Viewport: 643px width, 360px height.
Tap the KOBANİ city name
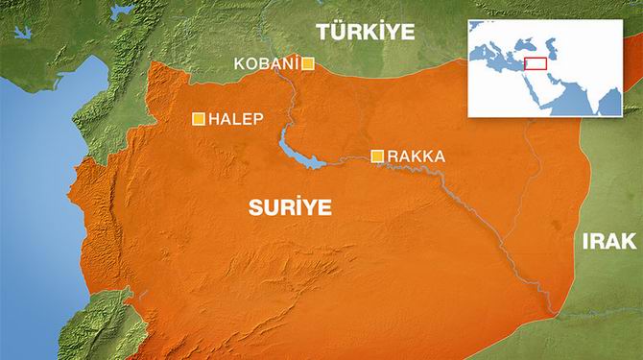point(266,64)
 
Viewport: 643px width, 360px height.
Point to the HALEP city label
point(236,119)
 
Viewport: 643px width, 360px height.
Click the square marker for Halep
point(199,119)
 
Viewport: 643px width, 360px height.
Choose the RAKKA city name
point(417,156)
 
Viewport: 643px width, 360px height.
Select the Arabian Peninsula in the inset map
point(553,92)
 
